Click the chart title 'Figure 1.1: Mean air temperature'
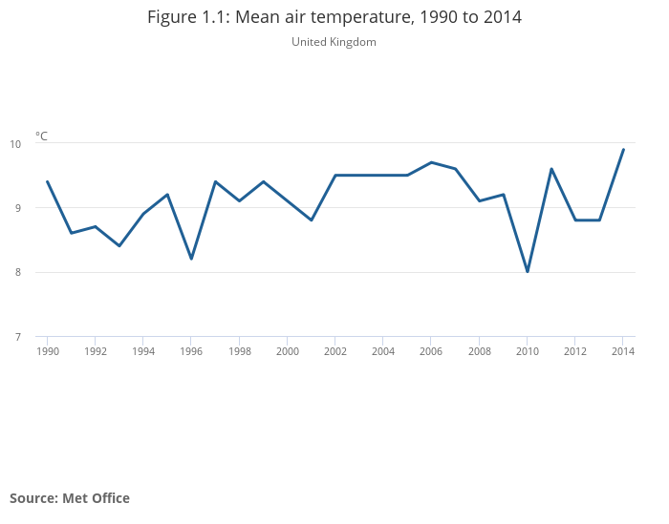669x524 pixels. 334,17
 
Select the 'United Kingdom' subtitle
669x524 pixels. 334,42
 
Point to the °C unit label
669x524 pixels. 41,136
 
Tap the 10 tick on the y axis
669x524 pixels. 15,144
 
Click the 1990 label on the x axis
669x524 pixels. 47,351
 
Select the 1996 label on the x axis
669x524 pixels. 191,351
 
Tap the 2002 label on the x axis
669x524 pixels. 334,351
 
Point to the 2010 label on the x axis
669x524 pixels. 527,351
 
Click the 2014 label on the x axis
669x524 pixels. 623,351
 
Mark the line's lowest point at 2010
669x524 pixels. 528,272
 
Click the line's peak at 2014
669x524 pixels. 623,150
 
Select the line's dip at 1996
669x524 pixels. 191,259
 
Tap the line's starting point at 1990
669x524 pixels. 47,181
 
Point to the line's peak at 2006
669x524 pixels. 431,162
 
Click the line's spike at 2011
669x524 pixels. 551,169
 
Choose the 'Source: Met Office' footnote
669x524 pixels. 70,498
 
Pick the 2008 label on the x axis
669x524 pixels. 479,351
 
